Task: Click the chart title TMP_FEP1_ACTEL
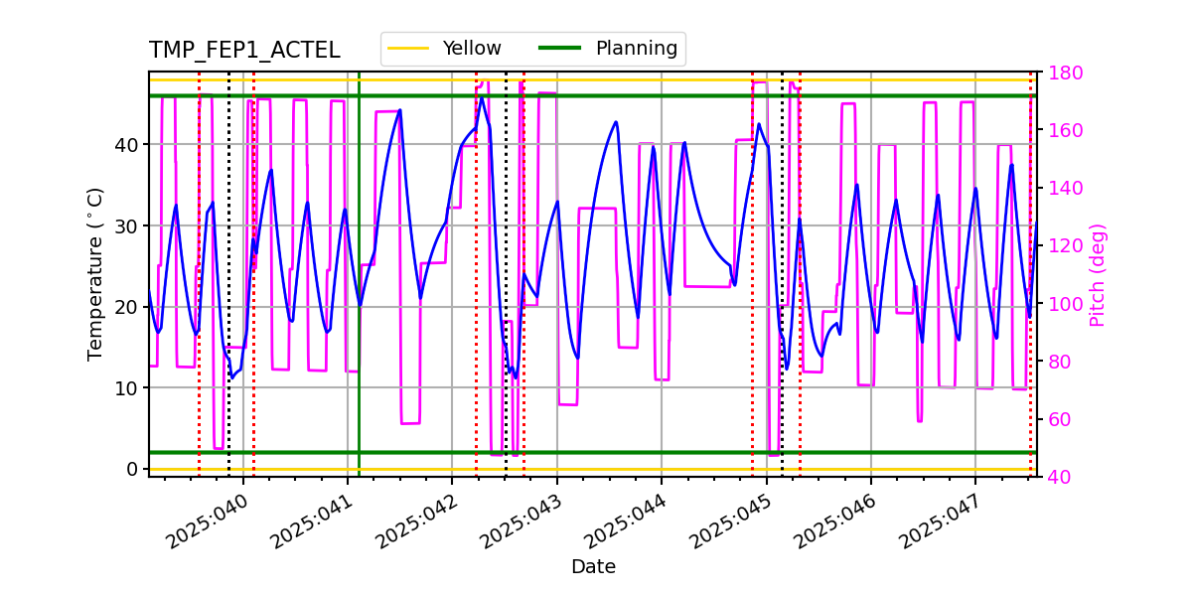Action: [244, 51]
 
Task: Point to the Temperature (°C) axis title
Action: [95, 273]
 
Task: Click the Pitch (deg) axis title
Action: [1098, 275]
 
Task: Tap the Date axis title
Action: [593, 567]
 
